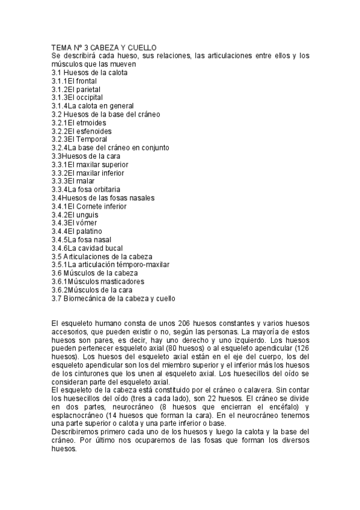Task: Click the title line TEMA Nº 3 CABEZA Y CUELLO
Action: [103, 48]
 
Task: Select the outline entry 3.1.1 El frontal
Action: [74, 81]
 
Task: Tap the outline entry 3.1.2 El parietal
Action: [76, 89]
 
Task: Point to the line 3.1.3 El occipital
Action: [77, 97]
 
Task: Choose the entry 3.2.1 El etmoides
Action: [79, 123]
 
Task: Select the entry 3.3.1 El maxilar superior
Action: [90, 164]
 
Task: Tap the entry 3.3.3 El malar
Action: [72, 181]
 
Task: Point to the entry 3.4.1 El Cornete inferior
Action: [89, 206]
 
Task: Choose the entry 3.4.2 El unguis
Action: [75, 215]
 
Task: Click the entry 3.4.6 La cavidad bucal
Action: [87, 248]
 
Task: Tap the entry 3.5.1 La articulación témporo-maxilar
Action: [110, 265]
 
